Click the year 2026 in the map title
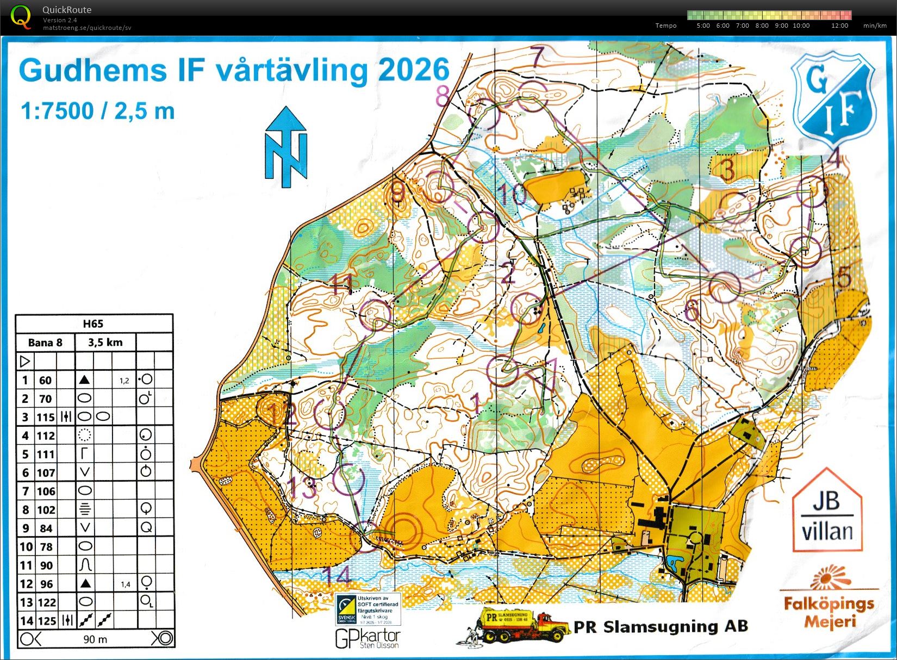click(x=414, y=71)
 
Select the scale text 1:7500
click(x=57, y=111)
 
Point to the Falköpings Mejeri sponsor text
click(x=829, y=612)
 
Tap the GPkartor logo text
click(x=367, y=638)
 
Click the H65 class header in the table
click(x=93, y=324)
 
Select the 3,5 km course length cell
click(x=105, y=343)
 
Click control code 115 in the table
click(x=46, y=418)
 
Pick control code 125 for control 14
click(x=47, y=621)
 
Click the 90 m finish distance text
click(x=95, y=639)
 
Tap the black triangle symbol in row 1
click(x=84, y=380)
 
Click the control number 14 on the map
click(x=337, y=575)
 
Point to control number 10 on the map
click(x=512, y=194)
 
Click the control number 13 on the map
click(x=302, y=487)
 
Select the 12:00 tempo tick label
click(x=839, y=26)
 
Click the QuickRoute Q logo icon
click(x=21, y=16)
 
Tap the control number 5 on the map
click(x=844, y=277)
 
